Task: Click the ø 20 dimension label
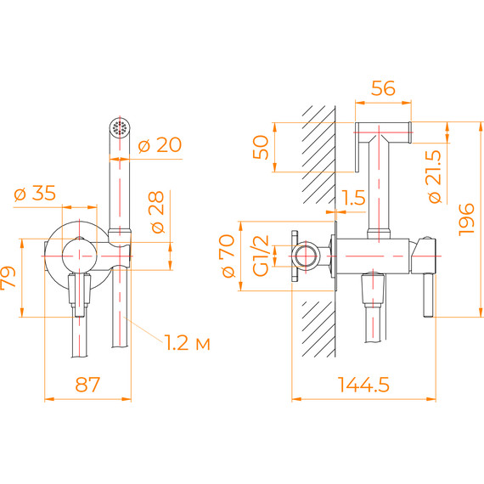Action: pyautogui.click(x=159, y=145)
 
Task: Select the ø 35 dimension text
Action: pyautogui.click(x=36, y=194)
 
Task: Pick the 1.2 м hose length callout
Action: pyautogui.click(x=187, y=343)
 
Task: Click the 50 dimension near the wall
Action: pyautogui.click(x=262, y=146)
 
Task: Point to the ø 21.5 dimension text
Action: pyautogui.click(x=435, y=175)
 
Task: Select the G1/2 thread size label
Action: pyautogui.click(x=262, y=256)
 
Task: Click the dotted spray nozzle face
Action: pyautogui.click(x=120, y=128)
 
